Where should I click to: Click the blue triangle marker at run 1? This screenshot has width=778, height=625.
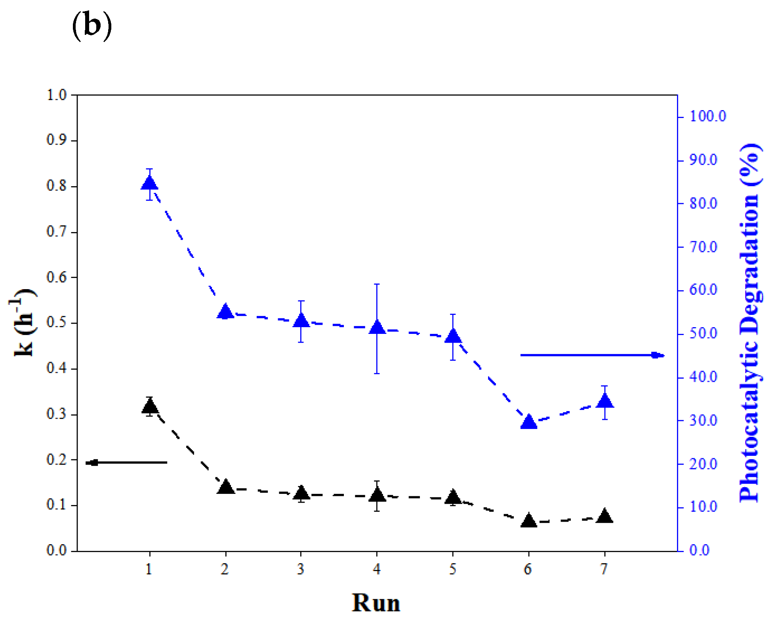(149, 183)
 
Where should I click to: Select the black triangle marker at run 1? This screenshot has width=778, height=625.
(149, 406)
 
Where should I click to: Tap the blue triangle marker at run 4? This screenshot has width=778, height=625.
(377, 327)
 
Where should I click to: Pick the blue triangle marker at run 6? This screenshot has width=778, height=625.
(528, 422)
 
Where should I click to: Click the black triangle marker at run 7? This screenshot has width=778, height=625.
(604, 517)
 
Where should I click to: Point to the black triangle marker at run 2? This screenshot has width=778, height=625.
(226, 487)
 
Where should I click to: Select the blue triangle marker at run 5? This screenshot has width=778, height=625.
(453, 336)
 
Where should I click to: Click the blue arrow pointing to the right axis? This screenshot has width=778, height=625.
(592, 355)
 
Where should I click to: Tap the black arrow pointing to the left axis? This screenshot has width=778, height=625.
(126, 462)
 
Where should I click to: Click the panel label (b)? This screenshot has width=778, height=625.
(92, 26)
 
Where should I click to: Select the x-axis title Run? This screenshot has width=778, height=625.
(376, 603)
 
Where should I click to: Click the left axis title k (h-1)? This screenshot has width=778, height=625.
(23, 323)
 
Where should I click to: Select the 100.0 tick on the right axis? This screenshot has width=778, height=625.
(707, 116)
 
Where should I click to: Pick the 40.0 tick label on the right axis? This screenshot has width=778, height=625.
(703, 377)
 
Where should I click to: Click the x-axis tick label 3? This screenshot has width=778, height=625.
(301, 570)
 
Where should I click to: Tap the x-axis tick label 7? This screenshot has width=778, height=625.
(604, 570)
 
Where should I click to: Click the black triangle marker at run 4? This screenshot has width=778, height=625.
(377, 495)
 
